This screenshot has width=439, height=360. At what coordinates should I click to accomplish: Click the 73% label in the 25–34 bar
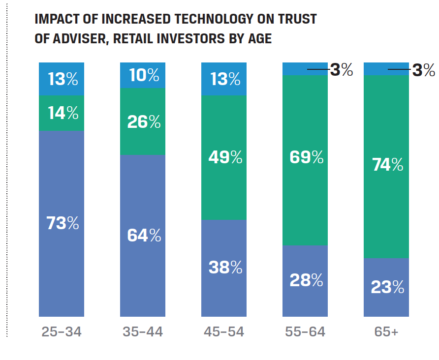[62, 223]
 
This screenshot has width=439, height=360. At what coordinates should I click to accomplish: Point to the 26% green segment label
[143, 121]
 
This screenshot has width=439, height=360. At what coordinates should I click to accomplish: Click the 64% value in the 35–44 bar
[143, 236]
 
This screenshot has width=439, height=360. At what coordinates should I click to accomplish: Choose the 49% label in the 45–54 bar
[224, 157]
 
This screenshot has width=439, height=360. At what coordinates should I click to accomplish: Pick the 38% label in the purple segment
[224, 267]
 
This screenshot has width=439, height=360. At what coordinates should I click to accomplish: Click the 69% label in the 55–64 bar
[306, 157]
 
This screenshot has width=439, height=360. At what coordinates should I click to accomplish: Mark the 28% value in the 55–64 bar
[306, 280]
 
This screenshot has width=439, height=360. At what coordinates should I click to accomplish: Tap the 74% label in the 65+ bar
[387, 165]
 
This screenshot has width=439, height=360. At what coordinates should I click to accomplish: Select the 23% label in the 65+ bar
[387, 287]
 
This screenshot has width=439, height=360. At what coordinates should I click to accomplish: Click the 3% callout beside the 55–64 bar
[342, 70]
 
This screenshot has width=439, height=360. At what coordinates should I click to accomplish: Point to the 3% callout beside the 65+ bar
[423, 70]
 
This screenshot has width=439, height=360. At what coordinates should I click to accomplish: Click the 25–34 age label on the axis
[62, 332]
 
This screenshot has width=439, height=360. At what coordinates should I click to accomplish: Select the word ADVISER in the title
[80, 38]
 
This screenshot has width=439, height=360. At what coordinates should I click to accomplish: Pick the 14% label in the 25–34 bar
[62, 114]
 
